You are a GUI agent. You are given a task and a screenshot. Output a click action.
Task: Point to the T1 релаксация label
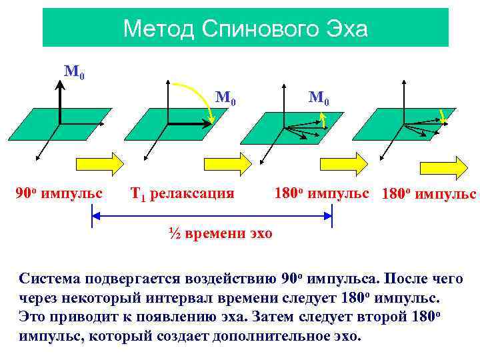(182, 194)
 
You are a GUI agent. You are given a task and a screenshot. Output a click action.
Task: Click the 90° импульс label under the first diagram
(59, 194)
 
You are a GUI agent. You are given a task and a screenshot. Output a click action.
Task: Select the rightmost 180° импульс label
(428, 195)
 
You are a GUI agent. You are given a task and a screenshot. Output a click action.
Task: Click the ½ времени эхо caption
(220, 235)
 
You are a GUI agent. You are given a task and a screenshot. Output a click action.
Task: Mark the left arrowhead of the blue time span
(95, 215)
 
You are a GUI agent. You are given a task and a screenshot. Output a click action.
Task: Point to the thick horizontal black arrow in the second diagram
(187, 123)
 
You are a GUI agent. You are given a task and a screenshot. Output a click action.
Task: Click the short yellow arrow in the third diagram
(323, 119)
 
